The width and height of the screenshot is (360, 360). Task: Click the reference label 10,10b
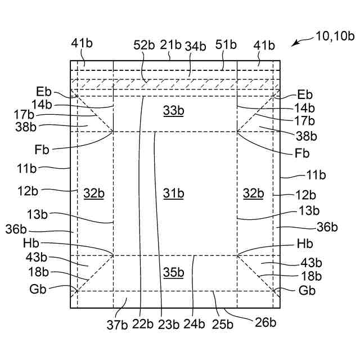tap(335, 37)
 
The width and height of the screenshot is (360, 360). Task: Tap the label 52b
tap(144, 46)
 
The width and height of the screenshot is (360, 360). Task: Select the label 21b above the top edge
tap(171, 45)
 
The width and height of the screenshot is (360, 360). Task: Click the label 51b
tap(225, 46)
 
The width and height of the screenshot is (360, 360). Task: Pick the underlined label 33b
tap(174, 111)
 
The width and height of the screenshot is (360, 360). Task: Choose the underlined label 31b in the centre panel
tap(174, 193)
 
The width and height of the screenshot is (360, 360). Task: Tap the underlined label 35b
tap(174, 273)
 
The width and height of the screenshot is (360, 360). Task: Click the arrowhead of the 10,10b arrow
tap(294, 43)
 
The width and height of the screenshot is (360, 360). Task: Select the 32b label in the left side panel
tap(94, 193)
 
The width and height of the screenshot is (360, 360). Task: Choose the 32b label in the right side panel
tap(253, 193)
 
